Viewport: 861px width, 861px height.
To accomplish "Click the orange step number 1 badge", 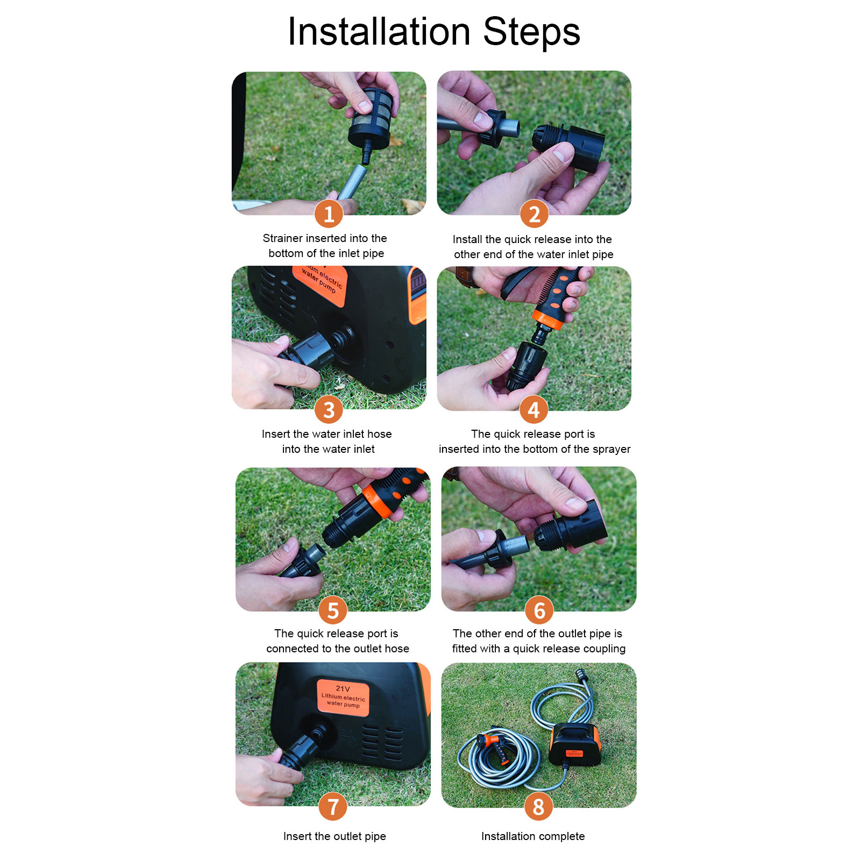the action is [x=329, y=214].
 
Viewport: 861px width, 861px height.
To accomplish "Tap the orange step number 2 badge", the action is [x=534, y=214].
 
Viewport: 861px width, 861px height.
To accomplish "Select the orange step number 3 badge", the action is [x=329, y=410].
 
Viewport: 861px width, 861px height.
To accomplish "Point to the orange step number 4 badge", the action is [x=534, y=410].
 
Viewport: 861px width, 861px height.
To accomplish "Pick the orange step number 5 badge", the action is [x=333, y=610].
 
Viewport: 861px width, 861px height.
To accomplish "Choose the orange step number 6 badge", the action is [x=539, y=610].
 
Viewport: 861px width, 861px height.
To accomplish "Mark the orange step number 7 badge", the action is [x=333, y=806].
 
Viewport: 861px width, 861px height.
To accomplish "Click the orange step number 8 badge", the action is [x=539, y=806].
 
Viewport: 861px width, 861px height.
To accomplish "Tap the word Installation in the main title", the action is [x=379, y=32].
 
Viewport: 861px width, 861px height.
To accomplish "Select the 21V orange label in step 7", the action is [x=343, y=698].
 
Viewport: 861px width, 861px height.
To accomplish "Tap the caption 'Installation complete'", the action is [x=533, y=836].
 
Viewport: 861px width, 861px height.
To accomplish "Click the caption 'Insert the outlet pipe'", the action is [x=335, y=836].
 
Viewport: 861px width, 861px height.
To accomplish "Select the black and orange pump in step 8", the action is [x=574, y=744].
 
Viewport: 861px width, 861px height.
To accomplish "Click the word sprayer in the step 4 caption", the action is [x=610, y=450].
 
